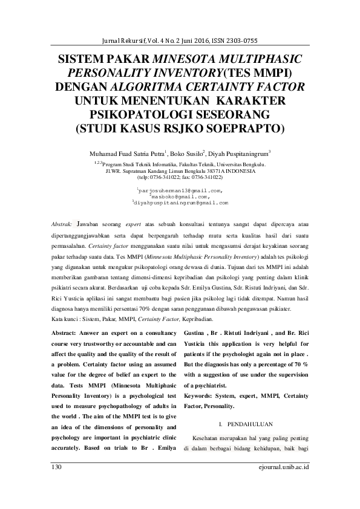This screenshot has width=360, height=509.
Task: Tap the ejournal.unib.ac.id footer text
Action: coord(284,467)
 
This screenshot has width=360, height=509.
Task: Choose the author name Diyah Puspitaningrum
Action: coord(239,154)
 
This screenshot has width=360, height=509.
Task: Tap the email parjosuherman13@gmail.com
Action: coord(181,191)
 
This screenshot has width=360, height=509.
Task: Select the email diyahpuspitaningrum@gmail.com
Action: coord(181,203)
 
